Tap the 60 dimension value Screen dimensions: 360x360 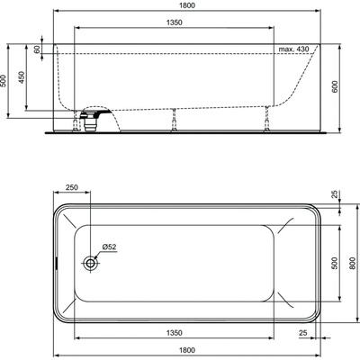pos(38,49)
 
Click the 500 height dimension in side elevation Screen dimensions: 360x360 pos(5,80)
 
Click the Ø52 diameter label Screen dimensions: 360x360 pos(108,247)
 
